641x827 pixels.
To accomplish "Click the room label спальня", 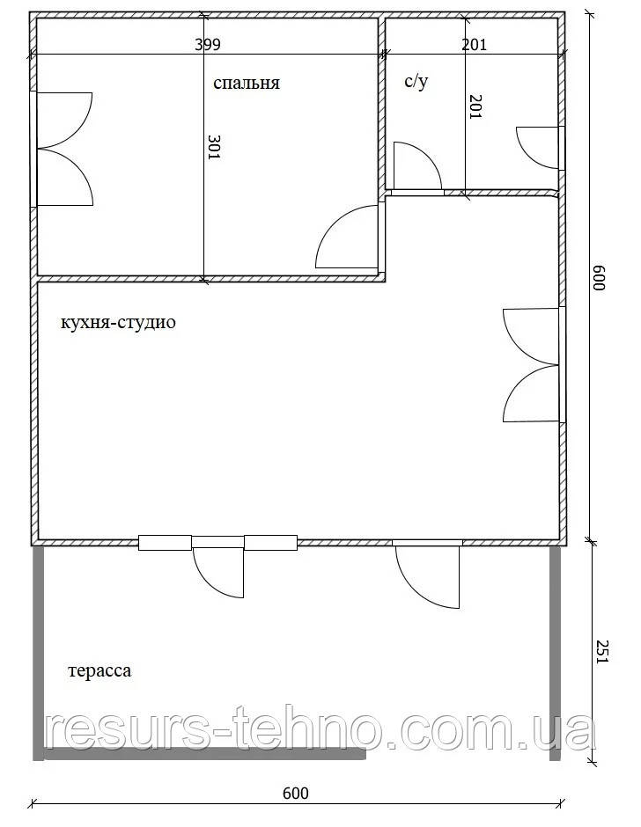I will point(246,84).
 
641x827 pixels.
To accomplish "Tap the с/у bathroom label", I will point(416,83).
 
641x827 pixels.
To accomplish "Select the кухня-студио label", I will point(118,323).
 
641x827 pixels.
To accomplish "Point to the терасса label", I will point(99,671).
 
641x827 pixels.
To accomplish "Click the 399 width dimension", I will point(208,44).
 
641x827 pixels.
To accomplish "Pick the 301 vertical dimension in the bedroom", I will point(215,146).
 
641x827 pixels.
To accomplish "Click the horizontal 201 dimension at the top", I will point(474,44).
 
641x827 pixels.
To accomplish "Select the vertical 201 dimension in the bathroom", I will point(475,106).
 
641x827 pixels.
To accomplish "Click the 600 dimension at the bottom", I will point(296,794).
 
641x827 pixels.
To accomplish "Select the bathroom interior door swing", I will point(416,166).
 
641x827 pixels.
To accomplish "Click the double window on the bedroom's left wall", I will point(63,149).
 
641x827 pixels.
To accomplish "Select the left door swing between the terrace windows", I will point(217,571).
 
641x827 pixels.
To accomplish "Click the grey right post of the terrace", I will point(556,651).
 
